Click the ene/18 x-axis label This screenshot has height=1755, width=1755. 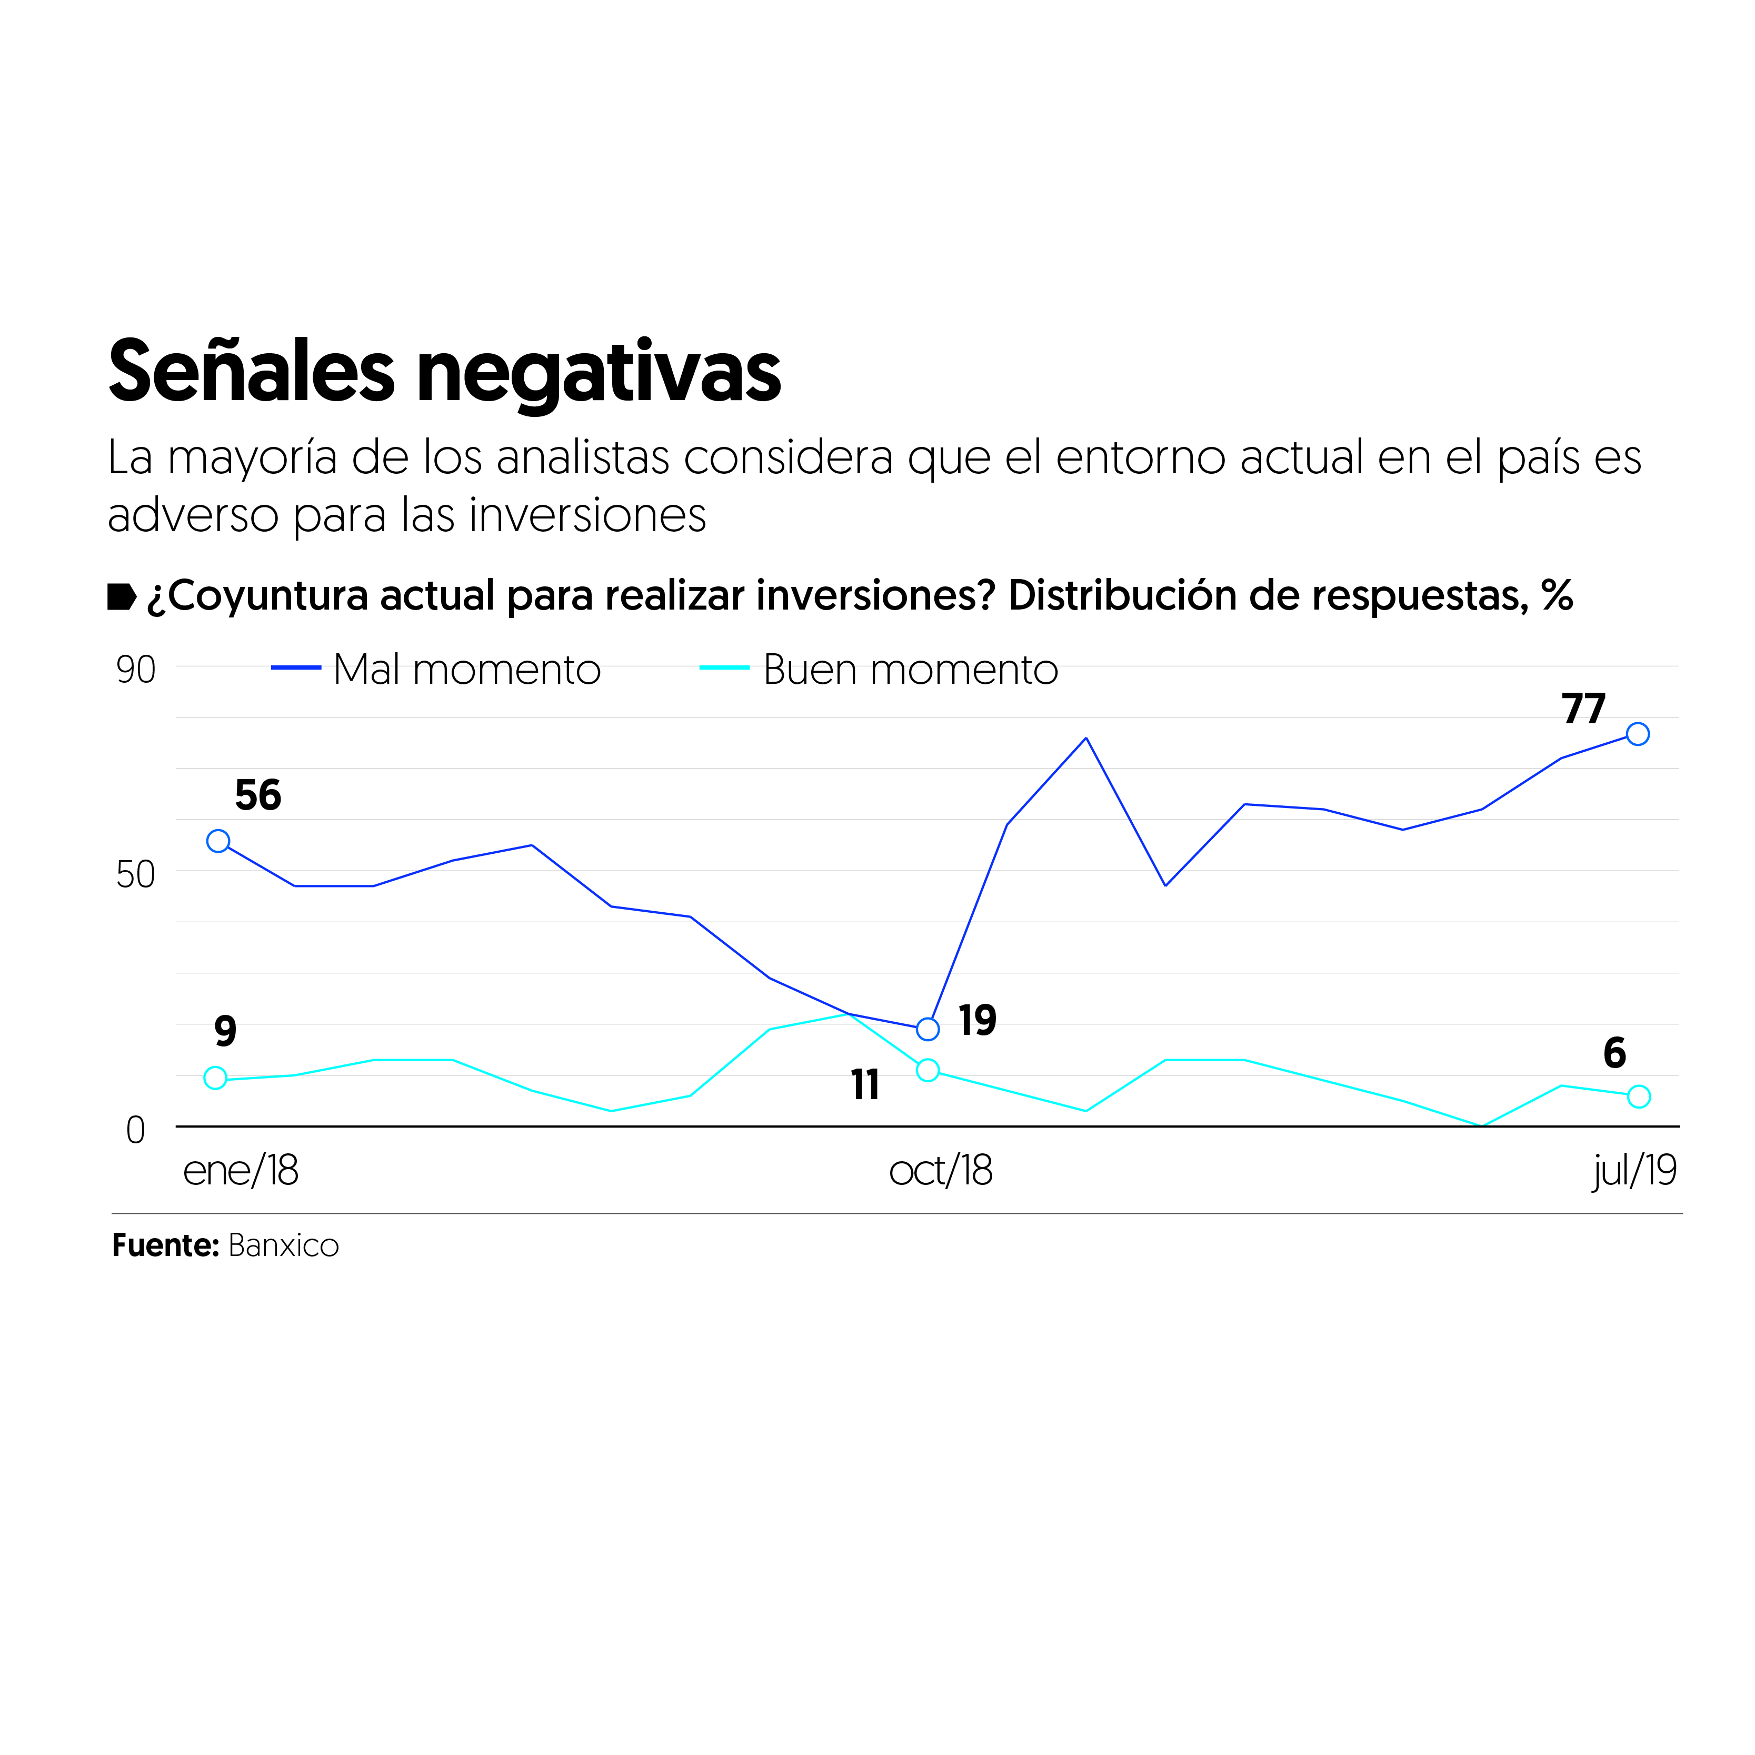point(240,1171)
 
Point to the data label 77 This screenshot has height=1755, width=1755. point(1583,709)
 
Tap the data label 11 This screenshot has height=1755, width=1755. point(865,1084)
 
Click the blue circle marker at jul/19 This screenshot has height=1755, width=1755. point(1638,734)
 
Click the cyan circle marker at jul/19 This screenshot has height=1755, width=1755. point(1639,1096)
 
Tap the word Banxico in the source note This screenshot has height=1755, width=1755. point(283,1245)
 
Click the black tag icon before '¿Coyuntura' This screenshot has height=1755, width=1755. point(122,597)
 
